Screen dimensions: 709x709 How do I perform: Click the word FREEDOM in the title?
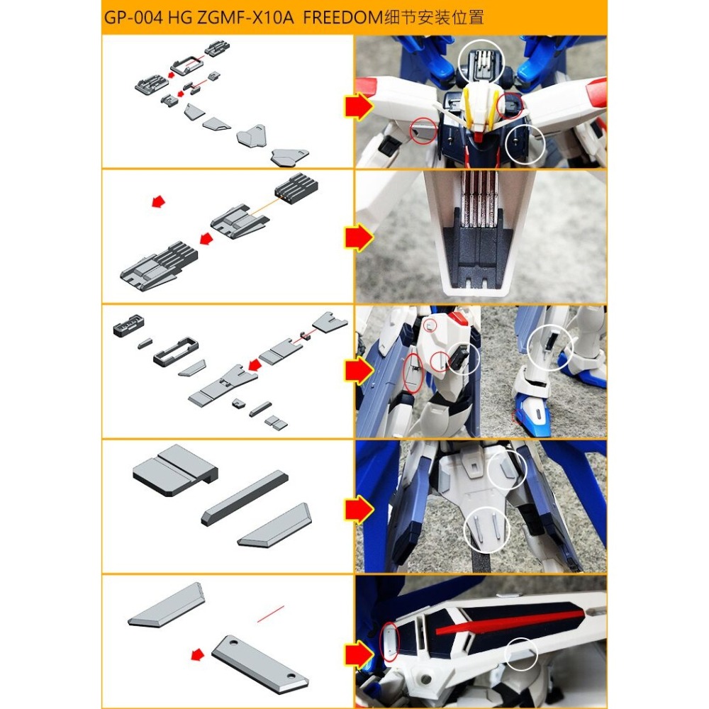click(x=342, y=18)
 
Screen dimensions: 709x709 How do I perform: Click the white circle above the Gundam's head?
click(x=481, y=60)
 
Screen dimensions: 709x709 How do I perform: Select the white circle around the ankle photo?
click(x=550, y=348)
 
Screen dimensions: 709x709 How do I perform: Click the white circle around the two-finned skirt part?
click(x=487, y=530)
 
